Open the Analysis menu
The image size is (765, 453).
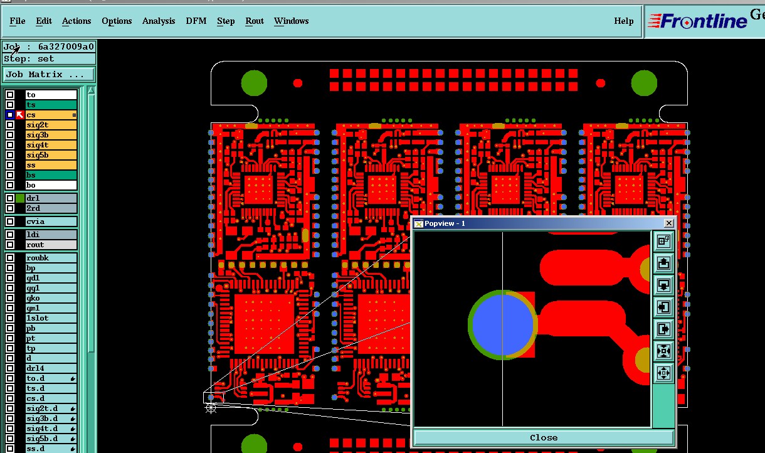pyautogui.click(x=159, y=21)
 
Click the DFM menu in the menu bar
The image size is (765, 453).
pyautogui.click(x=196, y=21)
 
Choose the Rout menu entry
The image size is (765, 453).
pyautogui.click(x=254, y=21)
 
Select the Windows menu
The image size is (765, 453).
pyautogui.click(x=291, y=21)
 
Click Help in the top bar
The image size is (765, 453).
pyautogui.click(x=623, y=21)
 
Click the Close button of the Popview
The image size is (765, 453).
pyautogui.click(x=543, y=438)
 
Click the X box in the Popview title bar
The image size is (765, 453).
pyautogui.click(x=669, y=223)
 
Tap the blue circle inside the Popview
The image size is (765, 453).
pyautogui.click(x=502, y=325)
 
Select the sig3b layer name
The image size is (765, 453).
pyautogui.click(x=51, y=135)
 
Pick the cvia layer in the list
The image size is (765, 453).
pyautogui.click(x=51, y=221)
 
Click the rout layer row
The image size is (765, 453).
pyautogui.click(x=51, y=245)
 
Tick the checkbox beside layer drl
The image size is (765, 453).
pyautogui.click(x=10, y=198)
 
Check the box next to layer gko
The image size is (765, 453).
pyautogui.click(x=10, y=298)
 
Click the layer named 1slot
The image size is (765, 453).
pyautogui.click(x=51, y=318)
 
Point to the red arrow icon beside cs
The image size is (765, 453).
pyautogui.click(x=19, y=115)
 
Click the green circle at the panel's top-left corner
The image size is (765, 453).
pyautogui.click(x=254, y=83)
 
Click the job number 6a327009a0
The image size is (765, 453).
pyautogui.click(x=66, y=46)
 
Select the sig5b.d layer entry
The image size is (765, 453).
pyautogui.click(x=51, y=439)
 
